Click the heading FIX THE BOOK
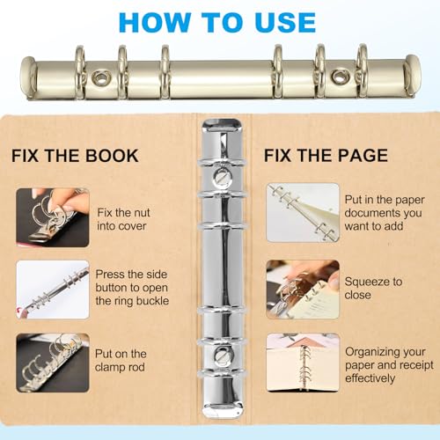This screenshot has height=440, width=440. (x=75, y=156)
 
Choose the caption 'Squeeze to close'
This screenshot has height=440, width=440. (x=373, y=289)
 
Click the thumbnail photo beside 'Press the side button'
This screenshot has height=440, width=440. (x=53, y=289)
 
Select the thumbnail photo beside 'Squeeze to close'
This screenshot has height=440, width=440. (x=303, y=289)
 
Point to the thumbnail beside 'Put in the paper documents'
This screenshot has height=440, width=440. (x=303, y=211)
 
